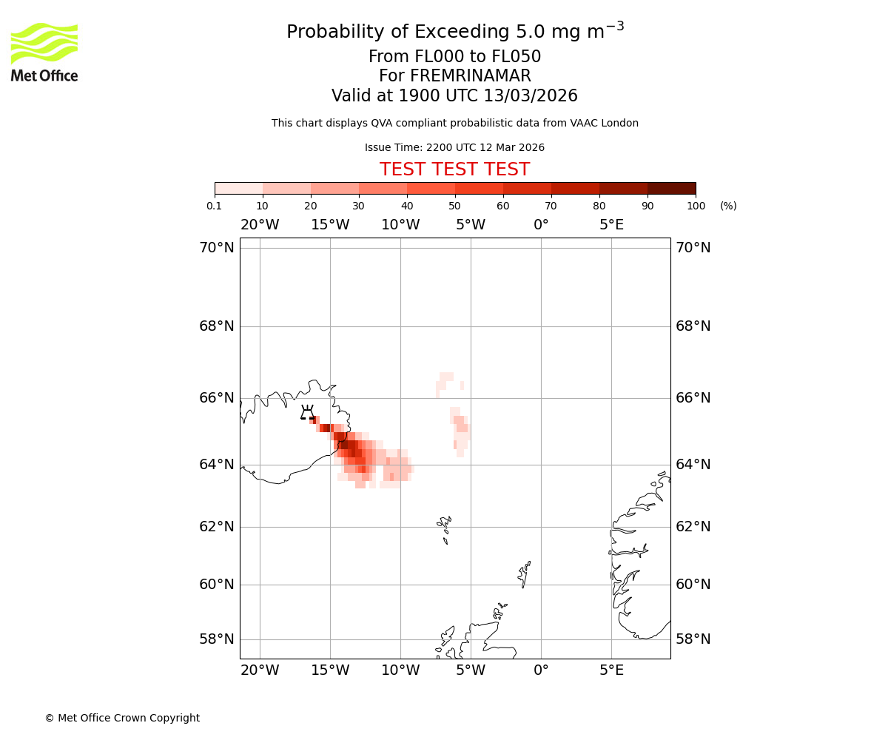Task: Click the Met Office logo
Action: coord(44,52)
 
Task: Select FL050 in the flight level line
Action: coord(517,57)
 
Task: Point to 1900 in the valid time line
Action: coord(420,96)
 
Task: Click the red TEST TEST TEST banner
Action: coord(454,170)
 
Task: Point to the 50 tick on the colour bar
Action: coord(455,206)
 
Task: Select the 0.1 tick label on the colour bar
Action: coord(215,206)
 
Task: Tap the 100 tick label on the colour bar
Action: coord(696,206)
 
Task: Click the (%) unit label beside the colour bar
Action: coord(728,206)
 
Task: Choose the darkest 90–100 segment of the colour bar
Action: coord(671,188)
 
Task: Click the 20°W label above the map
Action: coord(260,225)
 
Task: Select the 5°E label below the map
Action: coord(611,670)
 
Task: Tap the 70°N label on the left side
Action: coord(216,248)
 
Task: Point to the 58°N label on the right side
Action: coord(693,639)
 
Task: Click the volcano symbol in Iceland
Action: coord(307,413)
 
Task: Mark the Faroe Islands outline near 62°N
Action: coord(445,527)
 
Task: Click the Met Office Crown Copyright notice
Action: coord(122,718)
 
